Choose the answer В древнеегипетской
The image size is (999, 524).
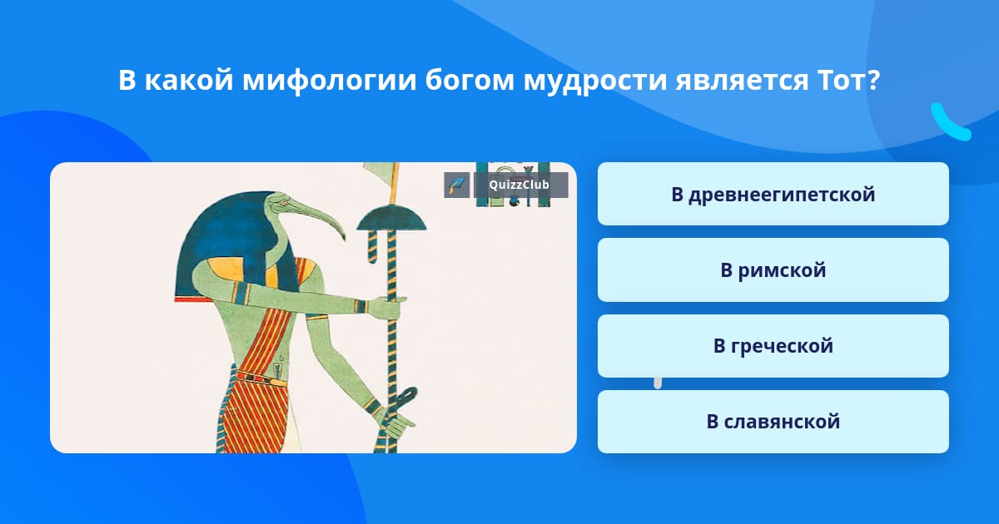[773, 194]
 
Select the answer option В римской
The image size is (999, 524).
[773, 270]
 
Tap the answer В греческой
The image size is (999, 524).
[773, 346]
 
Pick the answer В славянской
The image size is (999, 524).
[773, 422]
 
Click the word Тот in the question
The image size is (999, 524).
[843, 81]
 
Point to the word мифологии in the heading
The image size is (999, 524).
[330, 82]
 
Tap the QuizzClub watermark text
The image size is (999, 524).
[519, 185]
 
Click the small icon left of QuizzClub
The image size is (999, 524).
[457, 185]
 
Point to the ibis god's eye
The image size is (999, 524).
[283, 203]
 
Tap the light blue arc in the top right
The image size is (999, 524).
[949, 122]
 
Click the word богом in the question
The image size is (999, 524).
[470, 81]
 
